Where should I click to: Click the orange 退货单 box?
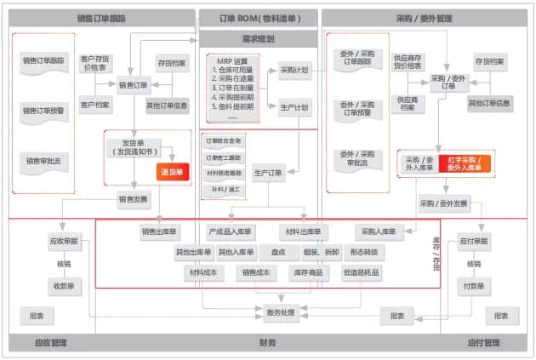click(x=171, y=171)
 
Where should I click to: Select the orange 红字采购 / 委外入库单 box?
click(x=465, y=163)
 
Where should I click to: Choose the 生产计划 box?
click(x=295, y=107)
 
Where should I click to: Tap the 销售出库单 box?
click(x=159, y=231)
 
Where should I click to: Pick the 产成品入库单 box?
click(x=231, y=231)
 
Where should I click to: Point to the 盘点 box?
click(x=277, y=252)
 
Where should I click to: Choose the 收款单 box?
click(x=64, y=286)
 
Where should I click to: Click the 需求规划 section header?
click(x=258, y=39)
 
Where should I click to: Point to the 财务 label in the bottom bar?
click(x=267, y=344)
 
